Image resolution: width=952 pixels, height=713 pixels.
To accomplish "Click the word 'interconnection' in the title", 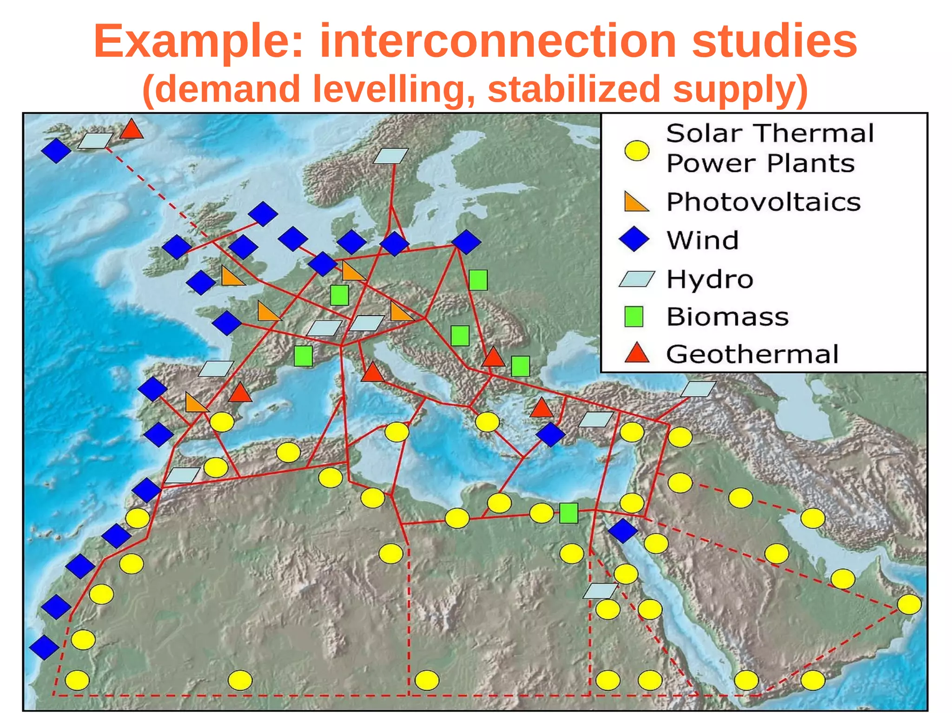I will (498, 42).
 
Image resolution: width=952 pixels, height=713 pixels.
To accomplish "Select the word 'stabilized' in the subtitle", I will (574, 89).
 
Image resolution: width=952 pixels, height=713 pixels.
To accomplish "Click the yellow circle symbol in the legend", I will (636, 150).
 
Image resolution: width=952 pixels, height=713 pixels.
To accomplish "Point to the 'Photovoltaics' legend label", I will (763, 202).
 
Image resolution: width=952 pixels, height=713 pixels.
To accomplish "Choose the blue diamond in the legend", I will (634, 240).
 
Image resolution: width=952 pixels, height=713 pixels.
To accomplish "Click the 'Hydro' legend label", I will (710, 279).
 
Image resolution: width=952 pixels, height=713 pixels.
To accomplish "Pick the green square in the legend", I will (634, 316).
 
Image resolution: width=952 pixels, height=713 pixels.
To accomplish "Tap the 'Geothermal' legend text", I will (752, 354).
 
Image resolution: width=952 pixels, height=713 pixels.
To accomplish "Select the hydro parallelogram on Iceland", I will (95, 141).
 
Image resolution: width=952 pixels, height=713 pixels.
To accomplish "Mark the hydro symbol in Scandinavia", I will (390, 156).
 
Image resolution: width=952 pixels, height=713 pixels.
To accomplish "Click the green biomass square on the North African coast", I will (569, 513).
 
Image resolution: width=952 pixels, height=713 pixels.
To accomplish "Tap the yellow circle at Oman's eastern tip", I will (909, 604).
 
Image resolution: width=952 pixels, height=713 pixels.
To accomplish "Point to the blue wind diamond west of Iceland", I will (56, 150).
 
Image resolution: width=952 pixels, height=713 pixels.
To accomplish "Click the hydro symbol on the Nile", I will (600, 591).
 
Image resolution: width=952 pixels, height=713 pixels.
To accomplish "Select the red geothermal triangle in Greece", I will (542, 408).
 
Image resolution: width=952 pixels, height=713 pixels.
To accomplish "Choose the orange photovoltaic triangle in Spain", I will (196, 403).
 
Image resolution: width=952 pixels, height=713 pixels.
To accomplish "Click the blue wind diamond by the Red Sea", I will (622, 530).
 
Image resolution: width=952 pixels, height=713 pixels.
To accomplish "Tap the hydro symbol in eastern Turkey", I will (698, 389).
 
